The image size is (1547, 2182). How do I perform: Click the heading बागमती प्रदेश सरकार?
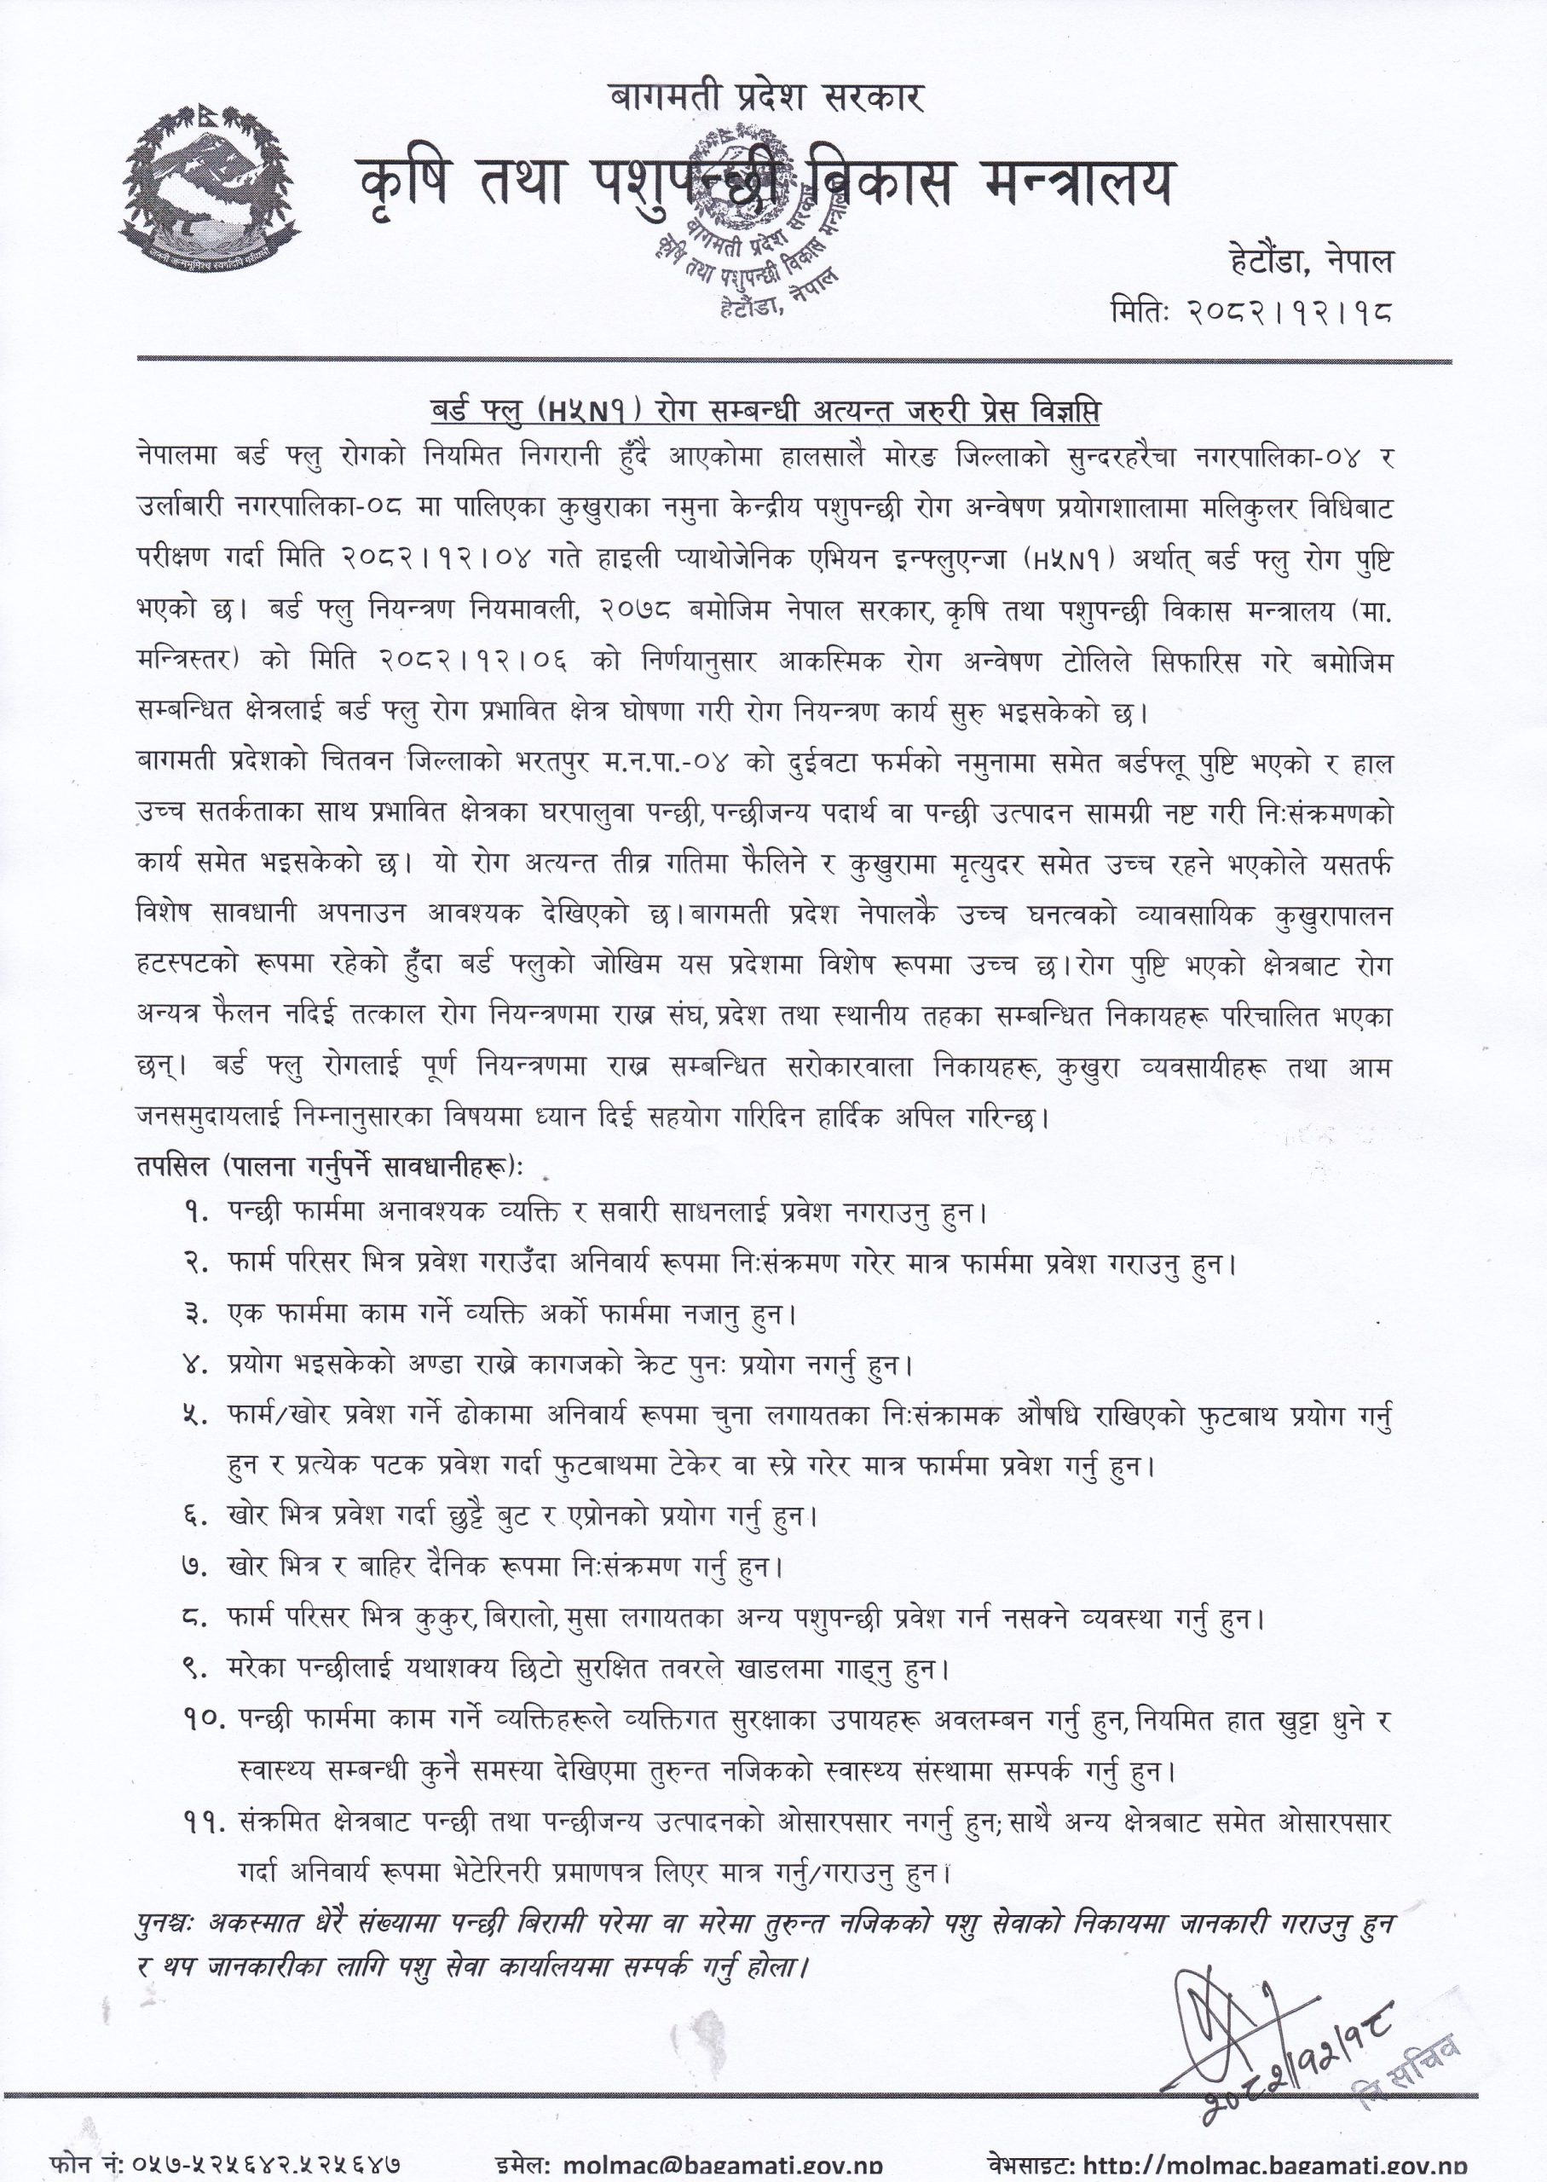pyautogui.click(x=767, y=96)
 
